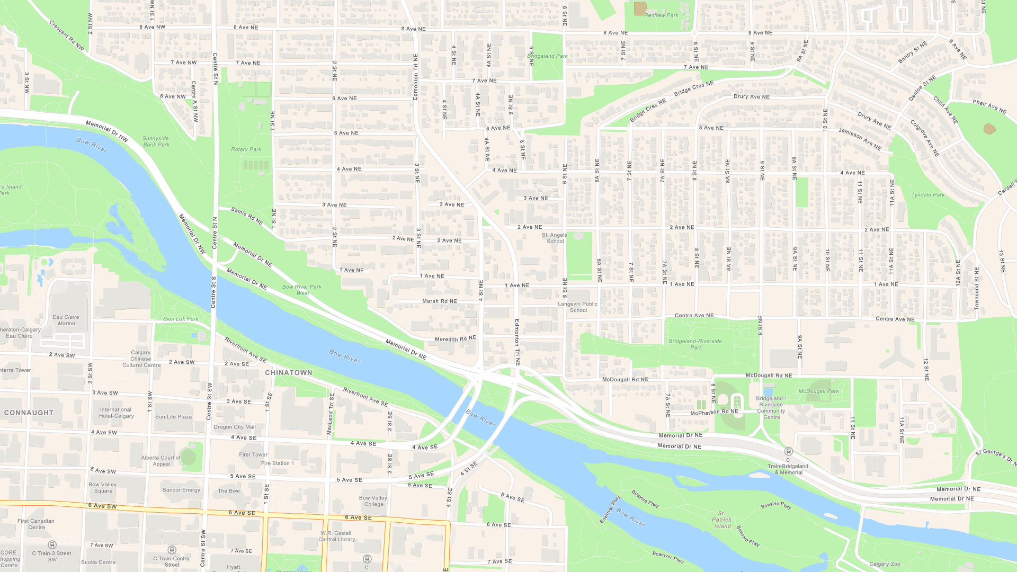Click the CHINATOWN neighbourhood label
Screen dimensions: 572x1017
289,373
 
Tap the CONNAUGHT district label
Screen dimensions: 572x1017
29,413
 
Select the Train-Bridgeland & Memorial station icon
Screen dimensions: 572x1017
788,451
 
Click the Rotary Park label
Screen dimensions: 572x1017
246,149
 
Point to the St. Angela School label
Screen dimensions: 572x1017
555,238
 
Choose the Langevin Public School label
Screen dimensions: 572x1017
577,307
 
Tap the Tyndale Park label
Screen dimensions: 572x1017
927,195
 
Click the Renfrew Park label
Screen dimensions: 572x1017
661,15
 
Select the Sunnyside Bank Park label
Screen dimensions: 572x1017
156,141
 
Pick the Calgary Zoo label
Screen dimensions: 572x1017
885,564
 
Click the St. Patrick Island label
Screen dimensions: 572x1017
721,520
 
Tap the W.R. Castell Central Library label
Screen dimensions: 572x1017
337,536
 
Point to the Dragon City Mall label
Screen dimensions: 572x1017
235,427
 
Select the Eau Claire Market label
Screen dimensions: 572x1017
66,320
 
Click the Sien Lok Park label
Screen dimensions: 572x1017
181,319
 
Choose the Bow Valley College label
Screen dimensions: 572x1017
373,501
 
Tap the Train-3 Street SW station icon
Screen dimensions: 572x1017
52,544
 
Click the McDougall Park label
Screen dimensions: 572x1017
818,391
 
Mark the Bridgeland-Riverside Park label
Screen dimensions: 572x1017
695,344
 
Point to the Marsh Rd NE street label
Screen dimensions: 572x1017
439,301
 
